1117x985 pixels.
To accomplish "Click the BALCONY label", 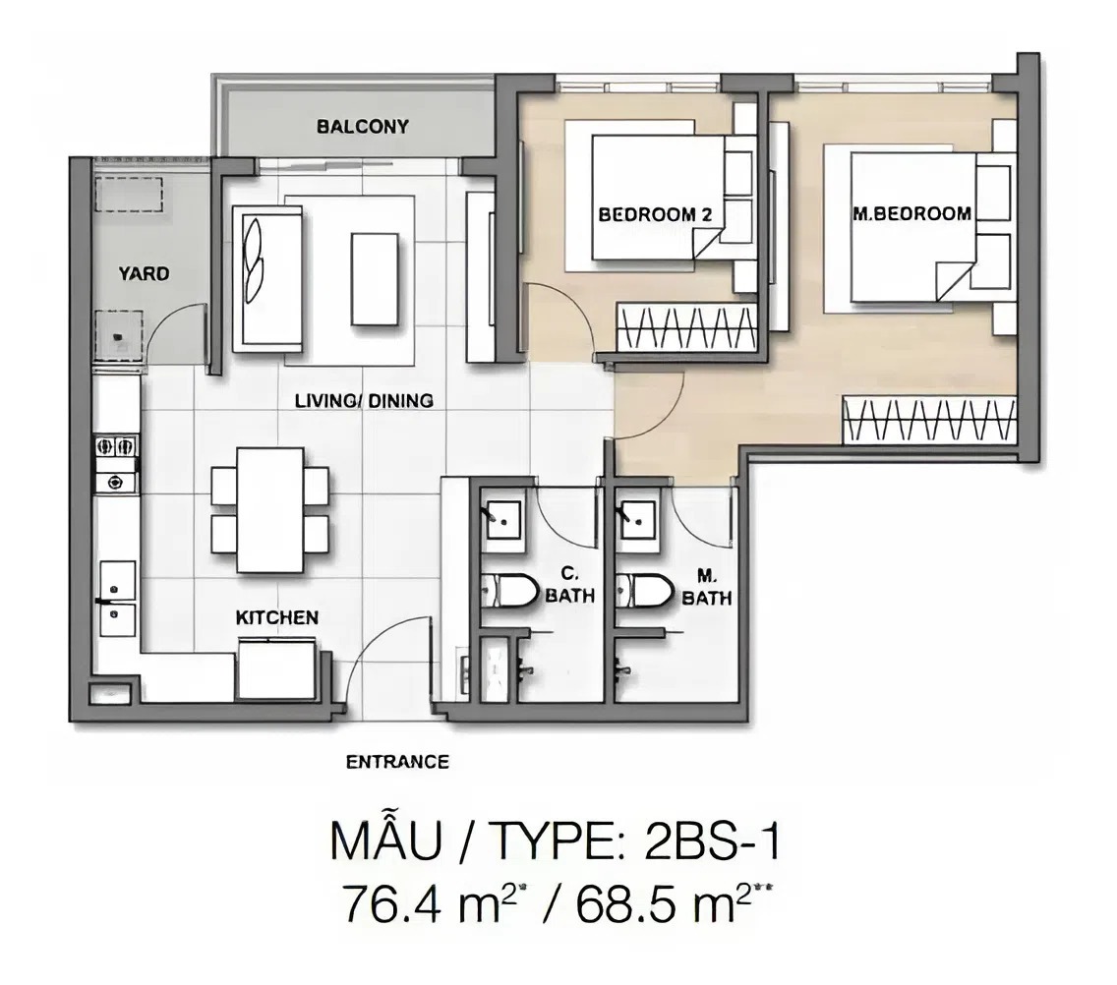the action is point(363,127).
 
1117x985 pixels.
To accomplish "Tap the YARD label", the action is point(144,273).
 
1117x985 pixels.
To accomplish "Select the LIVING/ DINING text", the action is point(364,401).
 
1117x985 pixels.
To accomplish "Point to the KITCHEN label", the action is point(277,617).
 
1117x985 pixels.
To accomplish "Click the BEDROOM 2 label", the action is point(655,214).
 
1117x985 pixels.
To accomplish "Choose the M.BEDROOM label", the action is point(911,213).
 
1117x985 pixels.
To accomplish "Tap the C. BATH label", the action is point(570,586).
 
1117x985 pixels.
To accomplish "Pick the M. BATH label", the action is point(707,588).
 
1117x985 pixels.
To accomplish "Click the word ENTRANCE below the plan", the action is point(397,762).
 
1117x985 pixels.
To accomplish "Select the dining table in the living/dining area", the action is point(270,509).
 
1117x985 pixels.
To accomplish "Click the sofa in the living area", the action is point(267,277).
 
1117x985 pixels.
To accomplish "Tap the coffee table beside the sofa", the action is point(374,279).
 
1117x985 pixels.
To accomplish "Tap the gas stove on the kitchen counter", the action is point(116,464).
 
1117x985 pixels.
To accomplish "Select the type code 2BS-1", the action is point(712,841).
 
